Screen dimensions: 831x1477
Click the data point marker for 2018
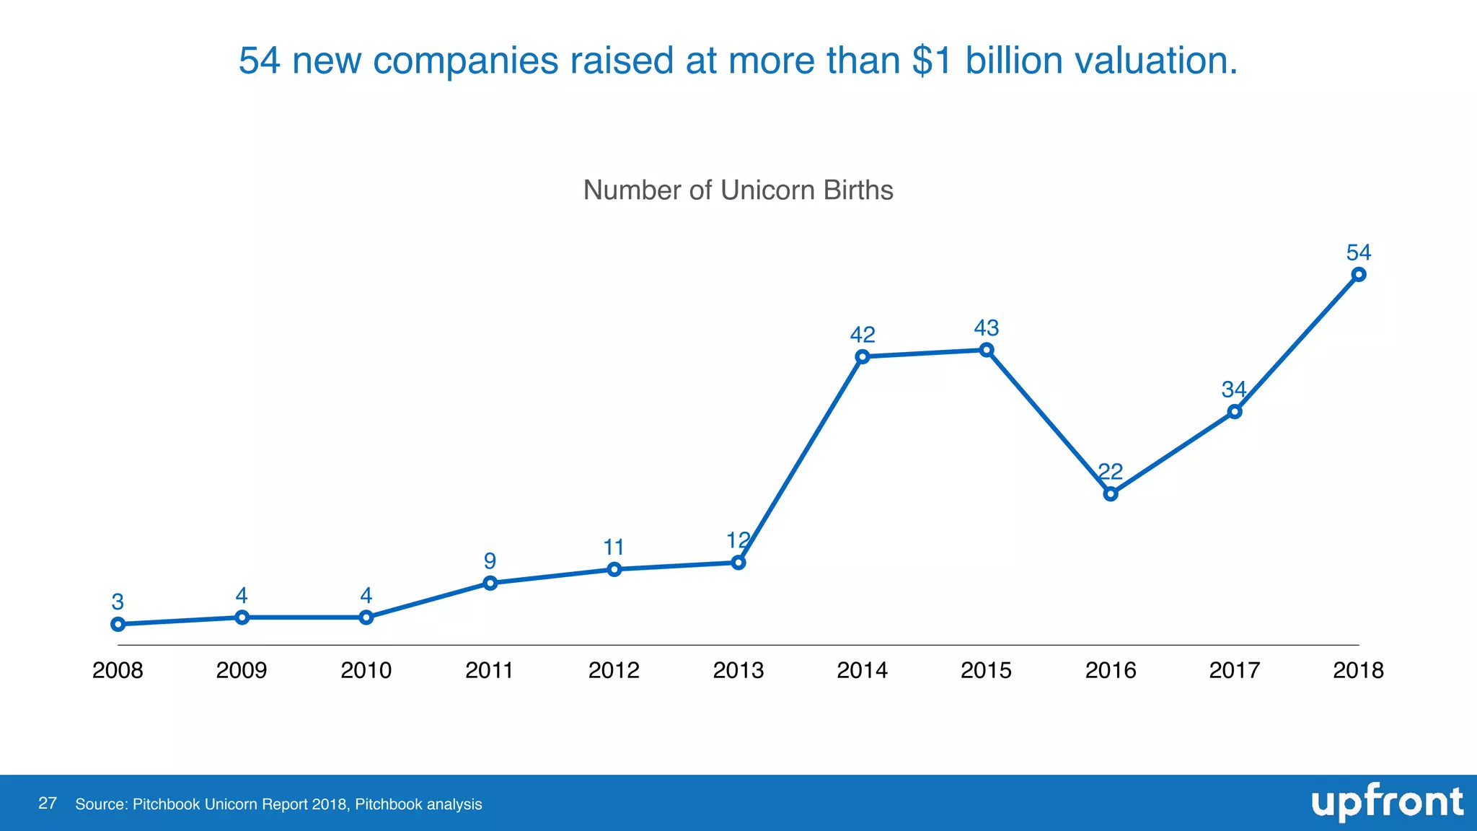tap(1359, 274)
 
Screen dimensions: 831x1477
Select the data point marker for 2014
tap(863, 356)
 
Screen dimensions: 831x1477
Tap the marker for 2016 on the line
tap(1111, 494)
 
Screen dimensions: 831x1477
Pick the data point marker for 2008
tap(118, 624)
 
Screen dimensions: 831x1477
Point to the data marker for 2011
tap(490, 583)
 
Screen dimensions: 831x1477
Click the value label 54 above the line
tap(1359, 252)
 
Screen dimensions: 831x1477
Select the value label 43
tap(987, 328)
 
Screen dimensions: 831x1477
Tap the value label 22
tap(1111, 472)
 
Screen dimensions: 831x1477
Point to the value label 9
tap(490, 560)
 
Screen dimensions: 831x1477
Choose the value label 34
tap(1234, 390)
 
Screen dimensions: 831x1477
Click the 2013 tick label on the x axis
tap(738, 670)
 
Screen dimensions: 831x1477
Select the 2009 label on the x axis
tap(242, 670)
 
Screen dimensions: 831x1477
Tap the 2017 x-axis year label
tap(1234, 670)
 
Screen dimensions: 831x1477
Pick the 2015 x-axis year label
tap(987, 670)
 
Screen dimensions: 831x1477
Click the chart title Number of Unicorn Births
tap(738, 190)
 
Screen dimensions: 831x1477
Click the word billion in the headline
tap(1013, 61)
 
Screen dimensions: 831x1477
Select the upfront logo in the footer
tap(1387, 803)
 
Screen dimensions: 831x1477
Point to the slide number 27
tap(48, 804)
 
